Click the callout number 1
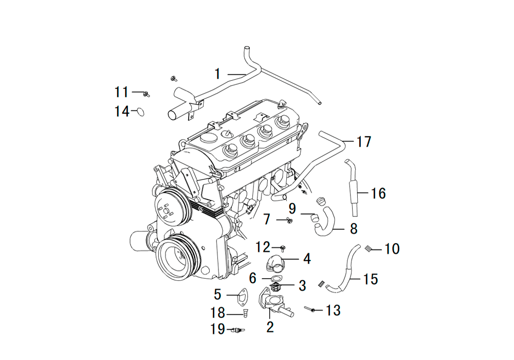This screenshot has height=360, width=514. [x=217, y=74]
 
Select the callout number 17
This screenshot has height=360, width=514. [x=363, y=141]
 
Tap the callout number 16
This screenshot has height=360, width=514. [x=378, y=193]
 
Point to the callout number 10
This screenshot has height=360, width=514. [x=392, y=249]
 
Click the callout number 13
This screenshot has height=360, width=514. [x=333, y=310]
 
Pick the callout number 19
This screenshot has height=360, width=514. [x=217, y=329]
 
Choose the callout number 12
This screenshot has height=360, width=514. [x=263, y=247]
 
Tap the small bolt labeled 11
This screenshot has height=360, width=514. [x=146, y=94]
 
